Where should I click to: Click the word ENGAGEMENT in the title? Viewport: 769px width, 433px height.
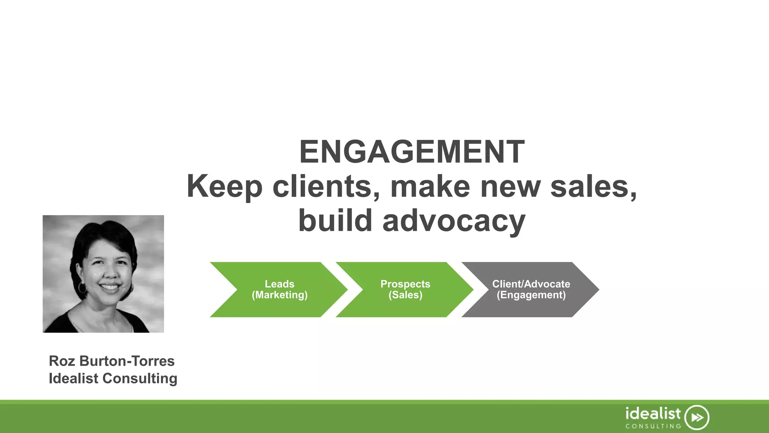point(412,152)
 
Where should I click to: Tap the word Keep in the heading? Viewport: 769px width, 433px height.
point(224,187)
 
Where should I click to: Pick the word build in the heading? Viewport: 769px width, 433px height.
point(335,221)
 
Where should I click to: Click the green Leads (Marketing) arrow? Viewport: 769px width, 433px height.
point(279,289)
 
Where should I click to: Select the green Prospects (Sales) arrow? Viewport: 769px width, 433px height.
point(405,289)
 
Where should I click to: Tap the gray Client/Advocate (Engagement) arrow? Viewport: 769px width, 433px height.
point(531,289)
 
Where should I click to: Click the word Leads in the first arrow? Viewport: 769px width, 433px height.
point(279,284)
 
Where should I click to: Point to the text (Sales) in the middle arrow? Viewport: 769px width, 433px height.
point(405,295)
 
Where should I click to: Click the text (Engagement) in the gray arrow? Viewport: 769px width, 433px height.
point(531,295)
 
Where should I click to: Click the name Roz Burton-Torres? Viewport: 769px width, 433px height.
point(112,361)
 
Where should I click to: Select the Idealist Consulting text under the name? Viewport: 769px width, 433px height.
point(113,378)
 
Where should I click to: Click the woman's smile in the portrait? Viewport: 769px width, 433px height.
point(110,287)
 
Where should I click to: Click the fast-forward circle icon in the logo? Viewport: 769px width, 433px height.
point(697,417)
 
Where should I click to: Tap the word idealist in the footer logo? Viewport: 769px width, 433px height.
point(653,413)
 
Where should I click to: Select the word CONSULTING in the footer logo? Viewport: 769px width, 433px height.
point(653,426)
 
